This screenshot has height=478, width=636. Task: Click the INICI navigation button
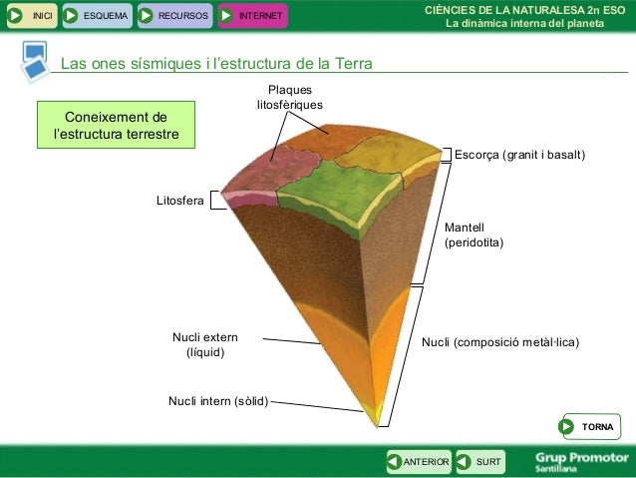pos(31,16)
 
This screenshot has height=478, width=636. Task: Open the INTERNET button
pos(251,16)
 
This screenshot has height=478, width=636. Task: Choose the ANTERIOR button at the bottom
pos(418,461)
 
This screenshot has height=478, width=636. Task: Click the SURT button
pos(479,461)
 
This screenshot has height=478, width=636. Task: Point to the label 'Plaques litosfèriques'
pos(289,98)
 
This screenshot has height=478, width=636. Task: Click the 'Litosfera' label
pos(179,202)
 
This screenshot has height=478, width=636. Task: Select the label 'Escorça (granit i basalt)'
pos(519,156)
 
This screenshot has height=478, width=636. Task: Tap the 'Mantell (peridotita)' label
pos(474,236)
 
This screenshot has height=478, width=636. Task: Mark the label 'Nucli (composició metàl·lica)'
pos(500,343)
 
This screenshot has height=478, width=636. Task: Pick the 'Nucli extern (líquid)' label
pos(205,345)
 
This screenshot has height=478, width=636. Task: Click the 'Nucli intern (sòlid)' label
pos(218,402)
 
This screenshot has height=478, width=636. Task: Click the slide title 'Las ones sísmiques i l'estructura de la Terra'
pos(216,65)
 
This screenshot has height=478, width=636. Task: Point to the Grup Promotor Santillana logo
pos(577,460)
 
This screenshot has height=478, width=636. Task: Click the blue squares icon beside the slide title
pos(34,60)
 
